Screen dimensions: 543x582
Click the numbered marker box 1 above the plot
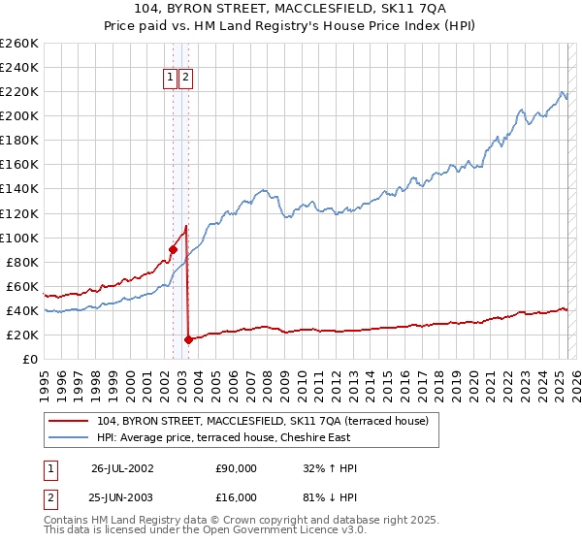[x=171, y=78]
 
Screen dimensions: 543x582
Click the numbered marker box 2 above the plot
[x=185, y=78]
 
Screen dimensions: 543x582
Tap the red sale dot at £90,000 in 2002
[x=173, y=249]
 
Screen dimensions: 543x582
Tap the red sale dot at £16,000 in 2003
[x=188, y=339]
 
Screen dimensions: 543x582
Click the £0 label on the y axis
[x=29, y=359]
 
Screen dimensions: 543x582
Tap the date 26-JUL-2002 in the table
[x=122, y=468]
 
